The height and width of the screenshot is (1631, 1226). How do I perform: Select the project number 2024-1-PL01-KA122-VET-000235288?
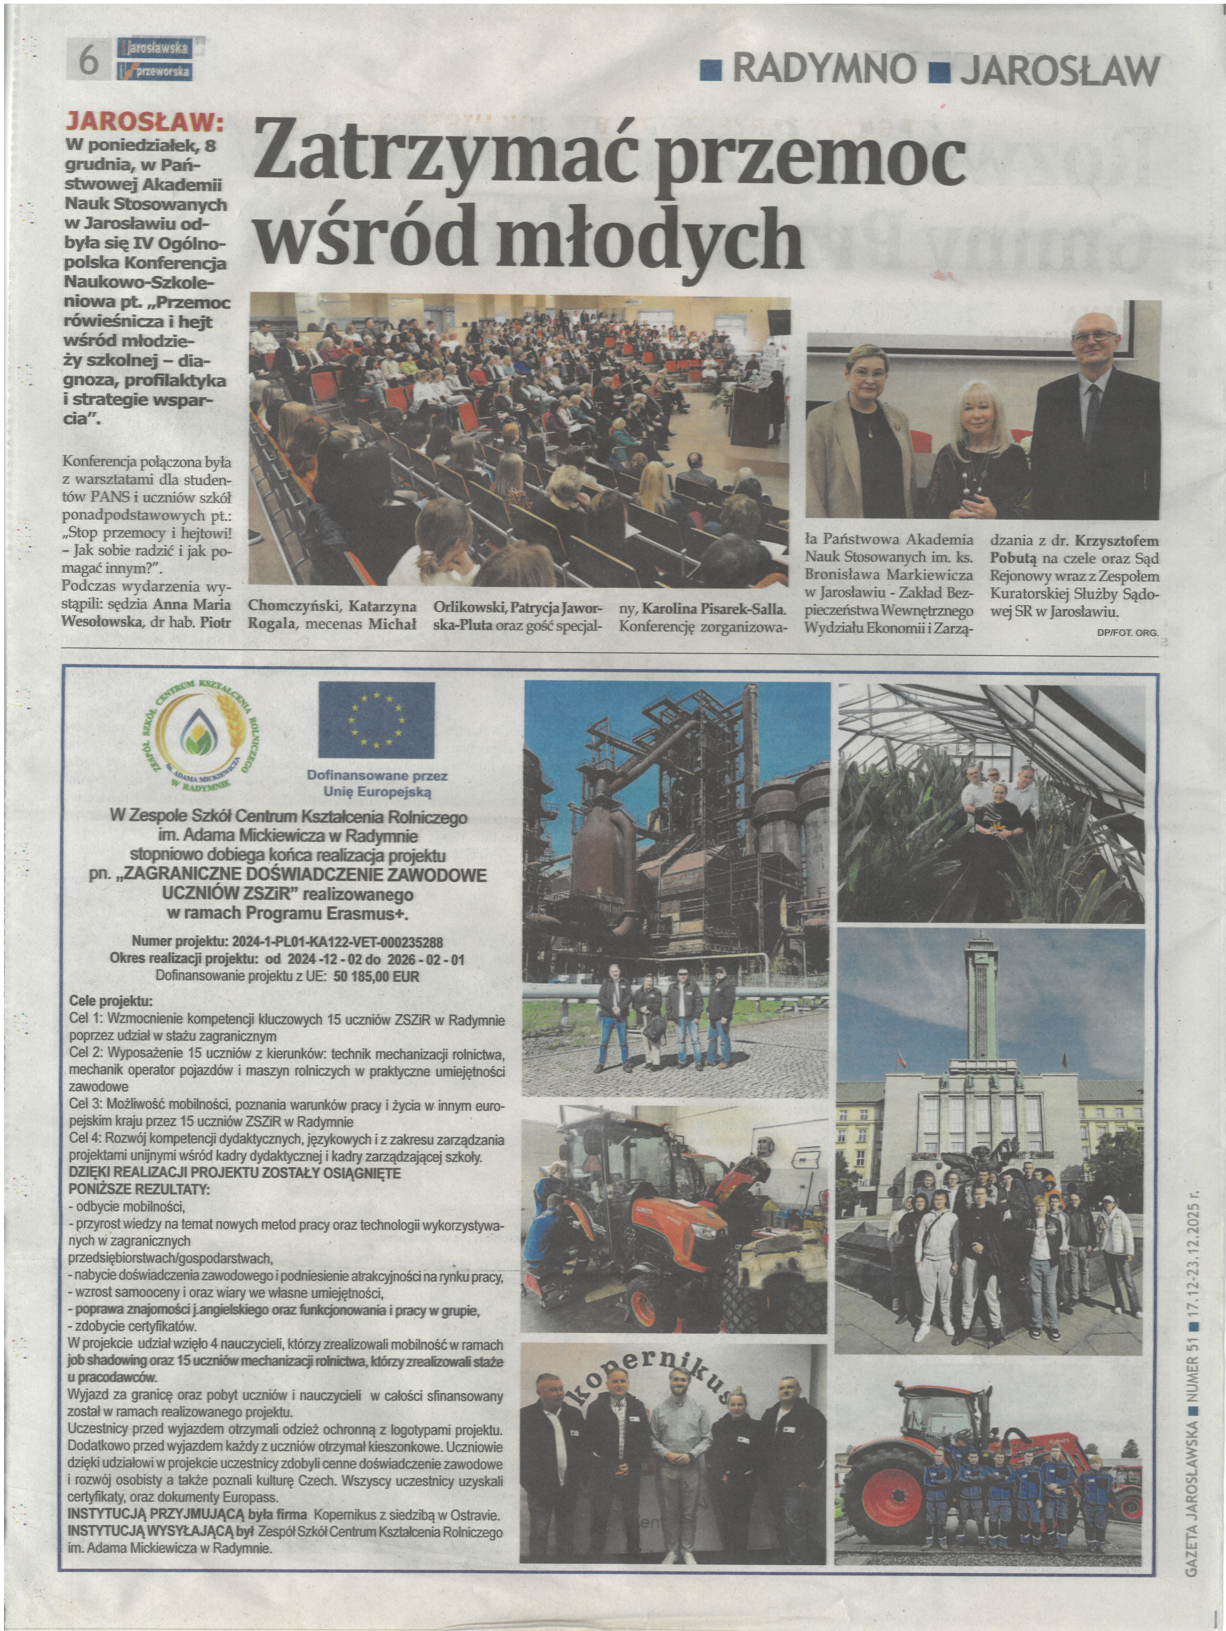point(339,942)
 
